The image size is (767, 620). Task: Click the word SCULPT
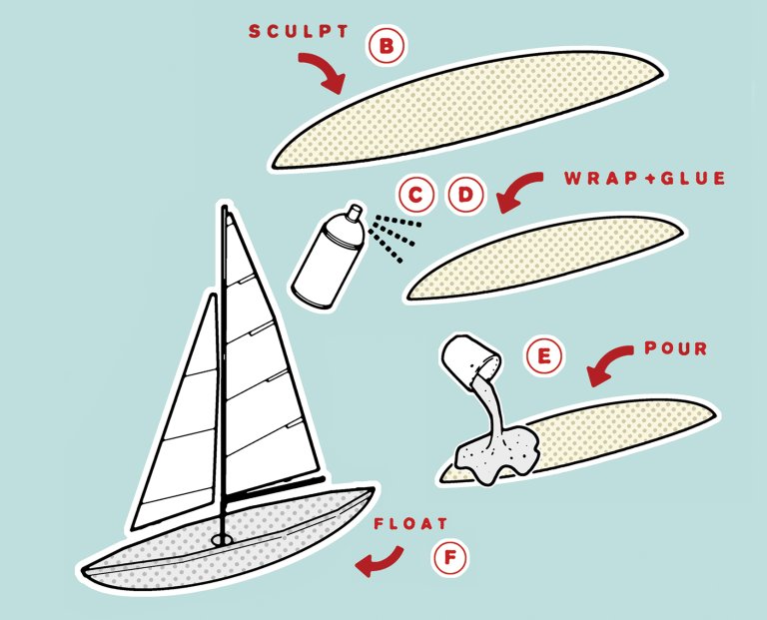pyautogui.click(x=299, y=31)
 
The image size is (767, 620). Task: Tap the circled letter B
pyautogui.click(x=386, y=47)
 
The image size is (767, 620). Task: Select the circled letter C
pyautogui.click(x=415, y=195)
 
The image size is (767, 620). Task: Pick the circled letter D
pyautogui.click(x=466, y=195)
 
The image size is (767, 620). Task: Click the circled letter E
pyautogui.click(x=543, y=355)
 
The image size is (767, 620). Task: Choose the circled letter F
pyautogui.click(x=450, y=557)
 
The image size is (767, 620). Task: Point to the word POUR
pyautogui.click(x=675, y=348)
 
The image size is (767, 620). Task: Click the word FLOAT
pyautogui.click(x=410, y=524)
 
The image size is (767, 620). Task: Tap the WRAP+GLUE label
pyautogui.click(x=645, y=178)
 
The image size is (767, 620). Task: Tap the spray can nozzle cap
pyautogui.click(x=355, y=212)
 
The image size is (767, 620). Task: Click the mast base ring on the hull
pyautogui.click(x=223, y=540)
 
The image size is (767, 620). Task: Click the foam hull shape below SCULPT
pyautogui.click(x=467, y=108)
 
